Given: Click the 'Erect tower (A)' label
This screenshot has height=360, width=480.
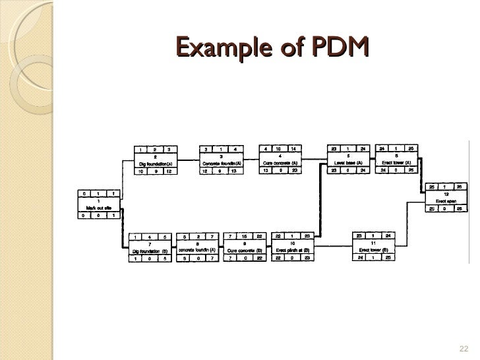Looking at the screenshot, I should pyautogui.click(x=397, y=164).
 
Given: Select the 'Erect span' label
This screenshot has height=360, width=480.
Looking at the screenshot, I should pyautogui.click(x=448, y=201).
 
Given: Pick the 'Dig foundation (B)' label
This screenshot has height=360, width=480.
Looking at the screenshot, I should pyautogui.click(x=150, y=251).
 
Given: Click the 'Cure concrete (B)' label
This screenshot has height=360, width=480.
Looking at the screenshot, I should pyautogui.click(x=245, y=251).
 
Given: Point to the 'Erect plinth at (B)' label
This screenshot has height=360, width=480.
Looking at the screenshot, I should pyautogui.click(x=293, y=251).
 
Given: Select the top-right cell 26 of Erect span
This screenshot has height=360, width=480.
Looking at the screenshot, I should pyautogui.click(x=460, y=187).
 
